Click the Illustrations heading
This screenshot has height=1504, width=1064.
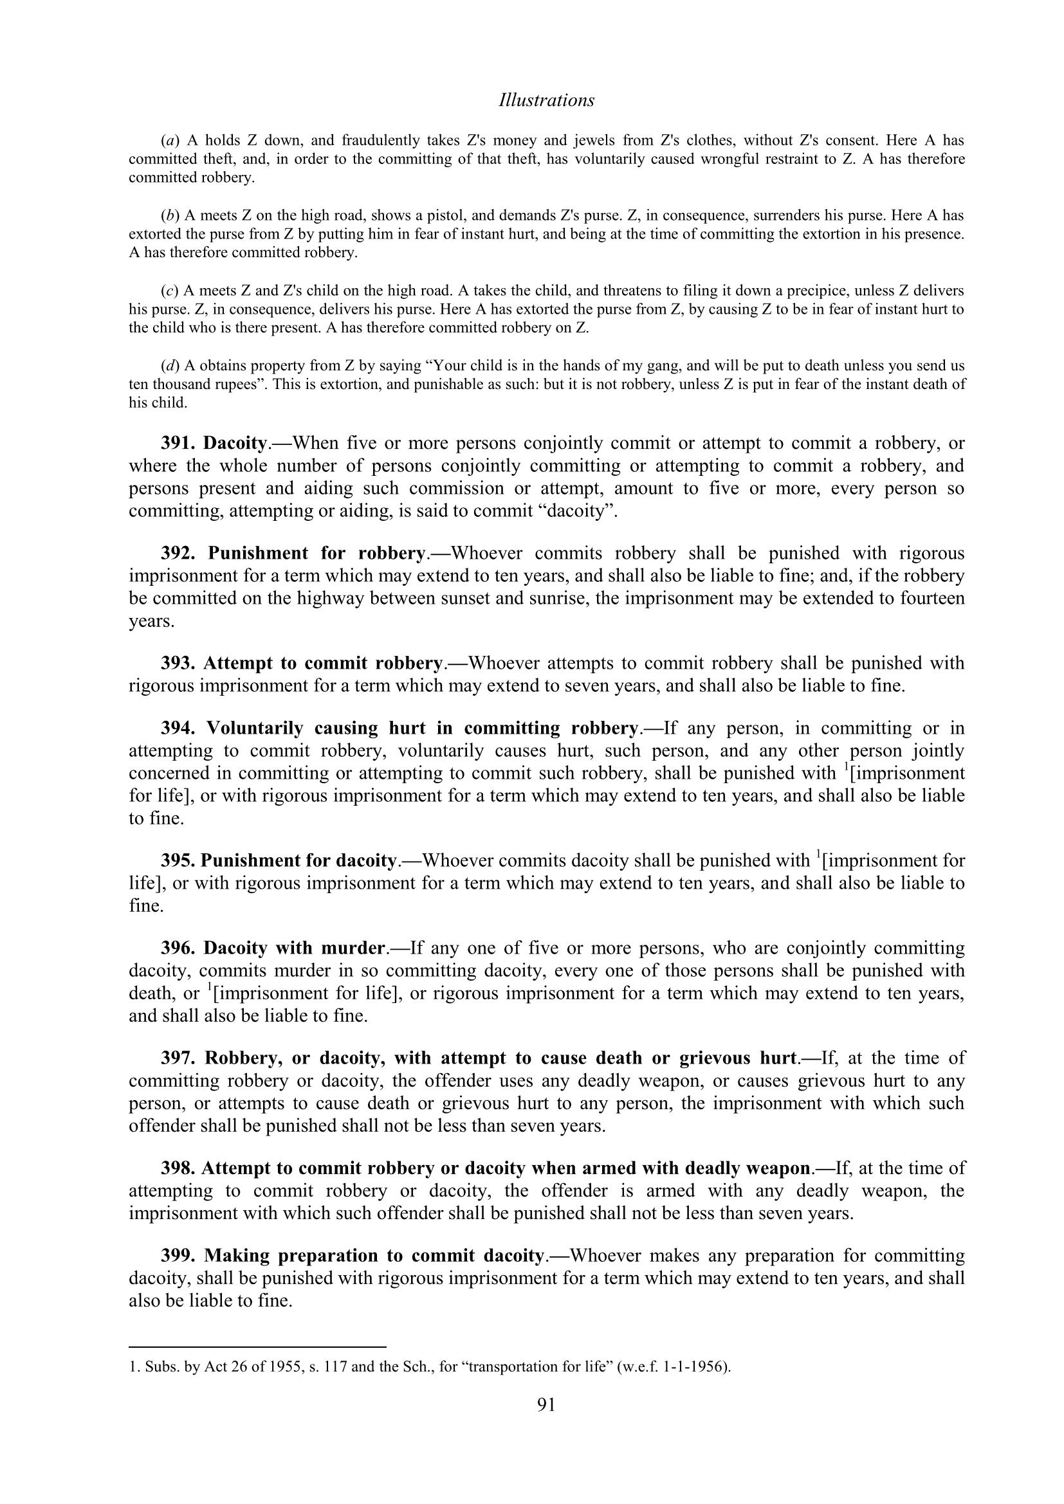[546, 100]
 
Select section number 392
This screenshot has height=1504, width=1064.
[178, 554]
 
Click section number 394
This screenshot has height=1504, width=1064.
[178, 729]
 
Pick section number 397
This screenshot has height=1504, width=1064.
[178, 1058]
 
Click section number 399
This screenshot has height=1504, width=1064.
[178, 1256]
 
